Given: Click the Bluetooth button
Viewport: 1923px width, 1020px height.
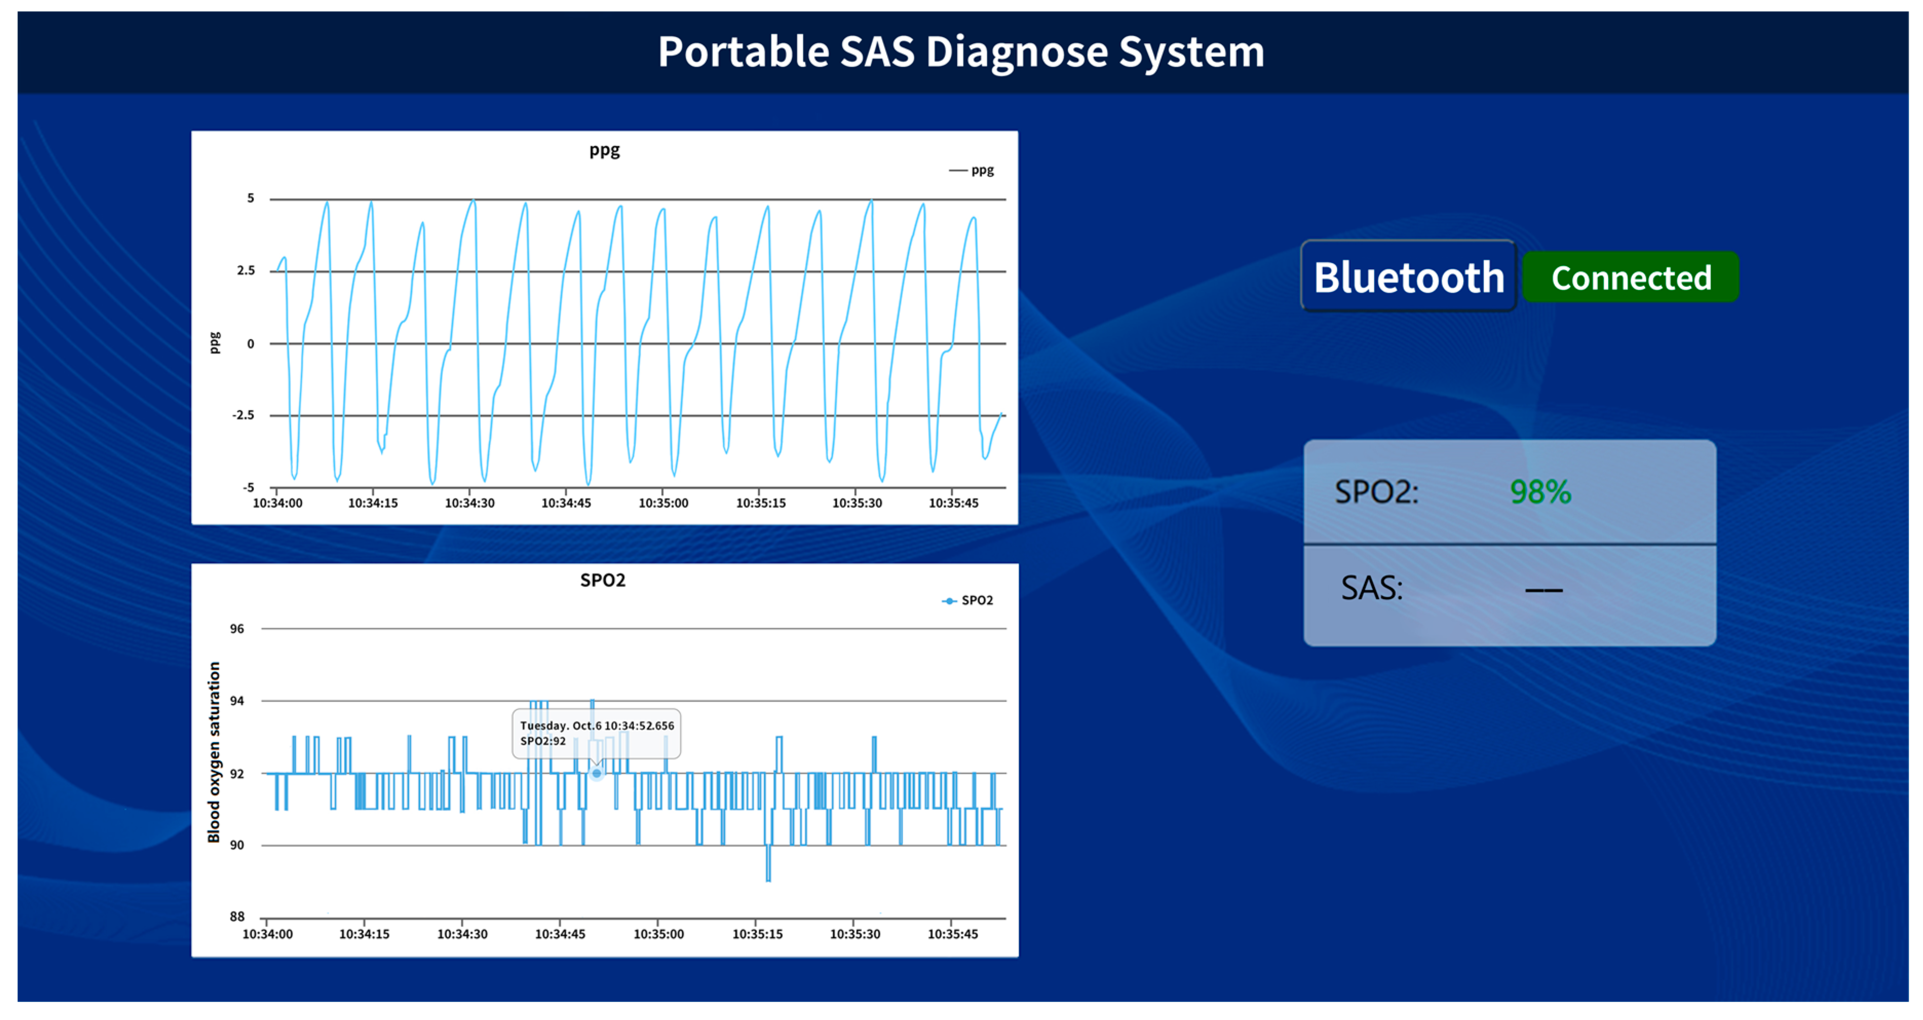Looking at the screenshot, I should (1408, 277).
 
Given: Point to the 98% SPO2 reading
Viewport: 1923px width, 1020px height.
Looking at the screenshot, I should (1540, 492).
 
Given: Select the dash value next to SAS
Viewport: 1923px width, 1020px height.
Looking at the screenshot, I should (1543, 590).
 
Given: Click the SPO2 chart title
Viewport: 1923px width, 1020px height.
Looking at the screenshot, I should (603, 580).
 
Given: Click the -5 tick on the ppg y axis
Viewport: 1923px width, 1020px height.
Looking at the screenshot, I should (248, 487).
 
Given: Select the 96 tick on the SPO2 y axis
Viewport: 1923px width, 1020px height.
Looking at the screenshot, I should (237, 629).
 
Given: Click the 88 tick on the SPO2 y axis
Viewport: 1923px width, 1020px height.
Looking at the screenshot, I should (237, 916).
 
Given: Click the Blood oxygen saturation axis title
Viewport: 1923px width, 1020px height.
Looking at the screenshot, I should (214, 752).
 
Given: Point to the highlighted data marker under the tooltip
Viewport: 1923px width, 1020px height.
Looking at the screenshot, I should (597, 773).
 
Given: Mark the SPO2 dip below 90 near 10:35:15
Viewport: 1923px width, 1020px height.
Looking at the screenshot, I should (768, 870).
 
